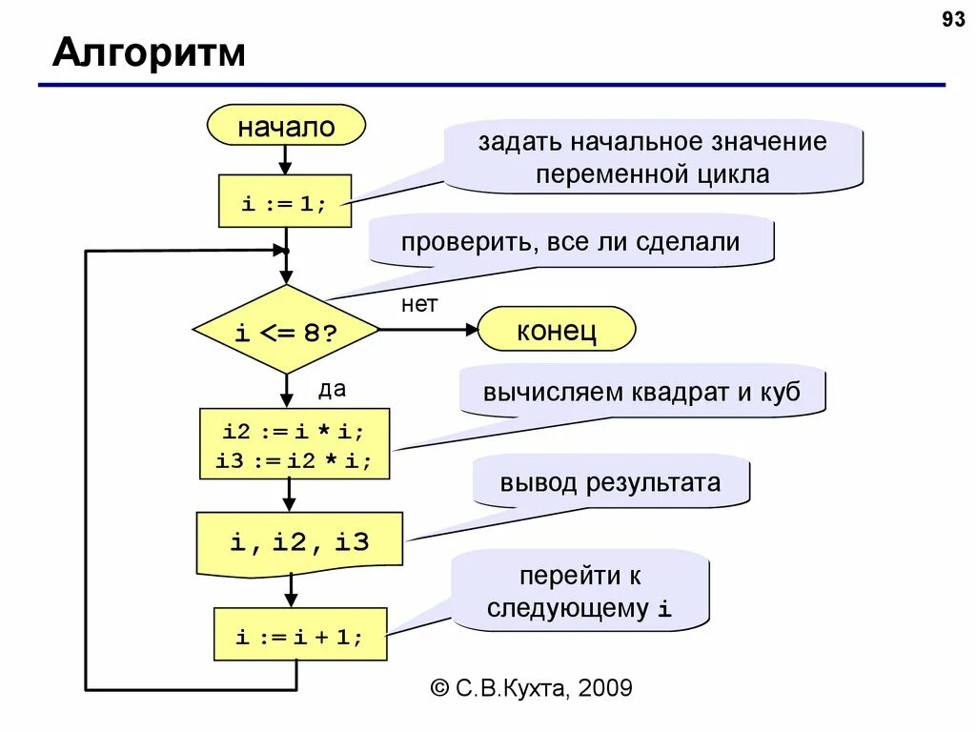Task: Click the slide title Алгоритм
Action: pos(149,53)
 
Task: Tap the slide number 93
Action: pos(953,20)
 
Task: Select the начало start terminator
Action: pos(286,127)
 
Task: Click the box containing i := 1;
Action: pos(284,202)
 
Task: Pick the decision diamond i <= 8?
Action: pos(286,330)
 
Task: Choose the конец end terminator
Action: pos(556,331)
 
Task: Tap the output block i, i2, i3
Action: pos(298,542)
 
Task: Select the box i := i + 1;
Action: pos(299,635)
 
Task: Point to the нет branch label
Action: pos(418,304)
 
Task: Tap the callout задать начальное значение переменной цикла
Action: pos(653,157)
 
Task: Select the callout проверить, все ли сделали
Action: pos(571,241)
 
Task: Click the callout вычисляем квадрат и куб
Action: pos(641,391)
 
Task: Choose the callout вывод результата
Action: pos(611,482)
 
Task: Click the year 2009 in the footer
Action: pos(603,687)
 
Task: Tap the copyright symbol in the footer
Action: pos(439,687)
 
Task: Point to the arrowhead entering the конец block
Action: pos(470,330)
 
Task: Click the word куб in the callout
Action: pos(779,391)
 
